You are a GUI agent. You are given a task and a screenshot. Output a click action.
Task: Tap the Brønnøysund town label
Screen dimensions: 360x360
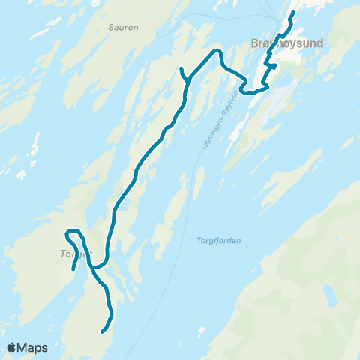click(x=285, y=43)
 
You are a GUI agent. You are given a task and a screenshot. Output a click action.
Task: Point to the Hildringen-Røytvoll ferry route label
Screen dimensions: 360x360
click(x=217, y=120)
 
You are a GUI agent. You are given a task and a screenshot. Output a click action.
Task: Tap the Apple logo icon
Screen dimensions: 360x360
click(x=11, y=347)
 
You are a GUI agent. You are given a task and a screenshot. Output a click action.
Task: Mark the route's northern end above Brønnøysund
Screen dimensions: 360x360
click(x=293, y=13)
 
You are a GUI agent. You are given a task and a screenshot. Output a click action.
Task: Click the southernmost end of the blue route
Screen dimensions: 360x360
click(x=102, y=330)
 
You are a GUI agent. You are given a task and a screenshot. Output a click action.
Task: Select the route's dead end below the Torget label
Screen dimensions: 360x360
click(x=72, y=268)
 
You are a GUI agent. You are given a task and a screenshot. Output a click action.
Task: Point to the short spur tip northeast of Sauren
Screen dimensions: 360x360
click(x=181, y=70)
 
